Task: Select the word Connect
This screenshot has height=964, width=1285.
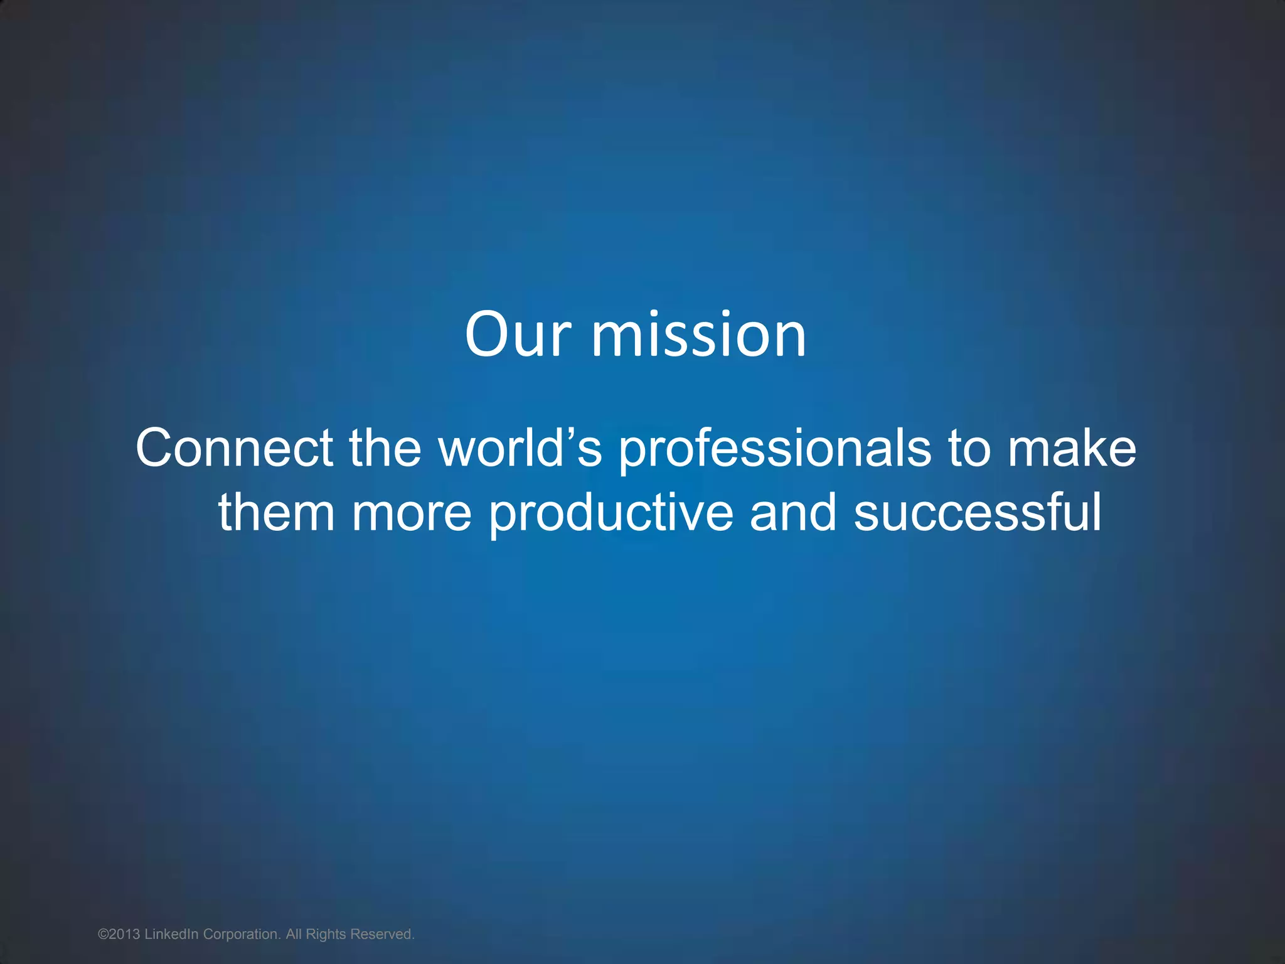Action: tap(234, 448)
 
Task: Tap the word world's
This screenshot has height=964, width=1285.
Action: tap(520, 448)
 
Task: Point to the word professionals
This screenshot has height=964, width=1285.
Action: tap(775, 449)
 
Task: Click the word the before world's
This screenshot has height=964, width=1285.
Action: tap(385, 448)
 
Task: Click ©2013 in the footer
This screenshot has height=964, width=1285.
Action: tap(119, 935)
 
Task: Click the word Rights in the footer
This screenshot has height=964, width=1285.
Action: tap(326, 935)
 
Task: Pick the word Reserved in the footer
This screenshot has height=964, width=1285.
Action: tap(382, 935)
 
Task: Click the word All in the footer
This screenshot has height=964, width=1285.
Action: tap(294, 935)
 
